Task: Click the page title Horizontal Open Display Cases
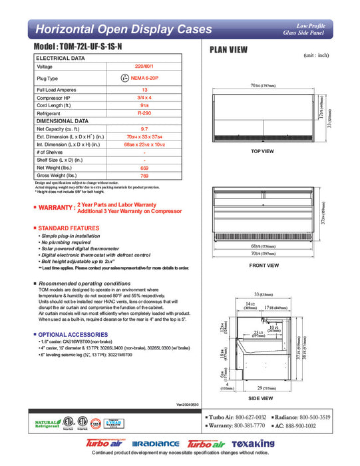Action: pyautogui.click(x=123, y=29)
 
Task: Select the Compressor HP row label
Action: pyautogui.click(x=56, y=98)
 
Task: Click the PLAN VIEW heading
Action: pyautogui.click(x=230, y=49)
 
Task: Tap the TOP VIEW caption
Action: pyautogui.click(x=262, y=151)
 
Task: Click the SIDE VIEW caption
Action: pyautogui.click(x=261, y=397)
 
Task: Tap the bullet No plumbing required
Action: pyautogui.click(x=67, y=243)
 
